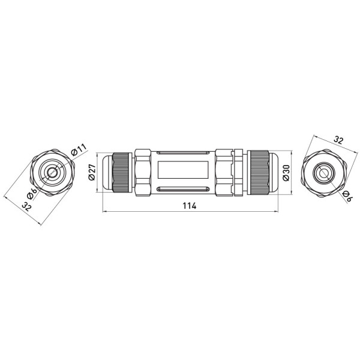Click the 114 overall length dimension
click(190, 206)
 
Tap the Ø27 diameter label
click(92, 172)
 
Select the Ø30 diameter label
click(286, 173)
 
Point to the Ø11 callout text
click(79, 149)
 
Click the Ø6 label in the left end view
click(32, 193)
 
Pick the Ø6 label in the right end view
click(347, 196)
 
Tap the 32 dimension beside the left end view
click(26, 207)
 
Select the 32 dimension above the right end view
click(338, 140)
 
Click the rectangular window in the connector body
click(183, 170)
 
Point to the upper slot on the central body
click(183, 152)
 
